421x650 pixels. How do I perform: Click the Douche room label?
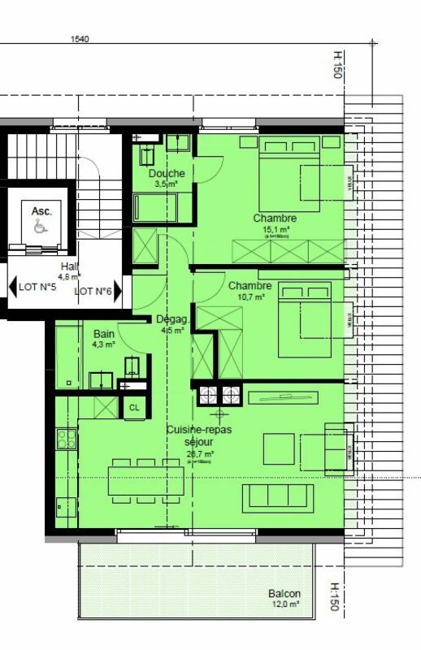click(x=167, y=173)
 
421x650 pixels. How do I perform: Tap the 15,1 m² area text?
click(x=275, y=230)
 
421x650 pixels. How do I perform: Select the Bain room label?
click(x=103, y=334)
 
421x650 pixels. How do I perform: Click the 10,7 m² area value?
click(x=251, y=297)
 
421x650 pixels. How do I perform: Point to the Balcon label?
click(x=284, y=594)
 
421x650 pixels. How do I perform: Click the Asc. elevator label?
click(x=41, y=211)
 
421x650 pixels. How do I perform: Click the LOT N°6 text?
click(x=93, y=291)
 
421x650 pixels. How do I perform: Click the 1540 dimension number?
click(x=80, y=38)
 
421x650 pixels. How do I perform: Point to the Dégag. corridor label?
click(x=172, y=319)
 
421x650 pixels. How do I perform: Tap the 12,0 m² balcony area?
click(x=284, y=604)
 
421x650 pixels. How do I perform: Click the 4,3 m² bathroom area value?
click(x=103, y=344)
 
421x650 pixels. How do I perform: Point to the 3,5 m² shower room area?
click(x=167, y=184)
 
